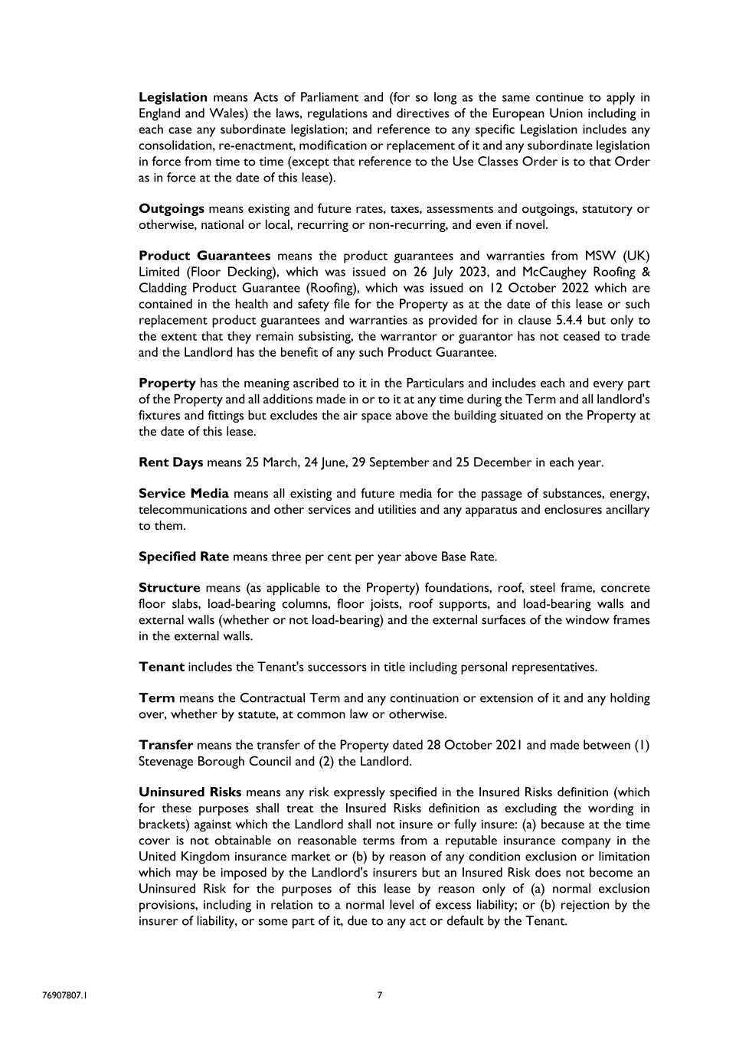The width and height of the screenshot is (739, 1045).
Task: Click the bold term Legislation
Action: (173, 97)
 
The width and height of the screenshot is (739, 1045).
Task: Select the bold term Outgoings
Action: (172, 208)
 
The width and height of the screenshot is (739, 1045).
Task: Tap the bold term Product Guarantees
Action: (204, 256)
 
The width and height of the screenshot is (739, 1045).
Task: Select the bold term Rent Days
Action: (171, 462)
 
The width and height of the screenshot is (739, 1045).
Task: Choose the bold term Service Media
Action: (184, 494)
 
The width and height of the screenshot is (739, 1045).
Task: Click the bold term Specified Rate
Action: (184, 557)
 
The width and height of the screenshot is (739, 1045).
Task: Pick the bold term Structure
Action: (169, 588)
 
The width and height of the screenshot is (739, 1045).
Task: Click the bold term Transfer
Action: (165, 745)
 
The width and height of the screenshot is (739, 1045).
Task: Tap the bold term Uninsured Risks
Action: (190, 792)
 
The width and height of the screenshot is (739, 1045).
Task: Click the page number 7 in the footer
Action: (380, 995)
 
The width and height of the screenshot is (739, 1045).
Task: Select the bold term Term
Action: (156, 698)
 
